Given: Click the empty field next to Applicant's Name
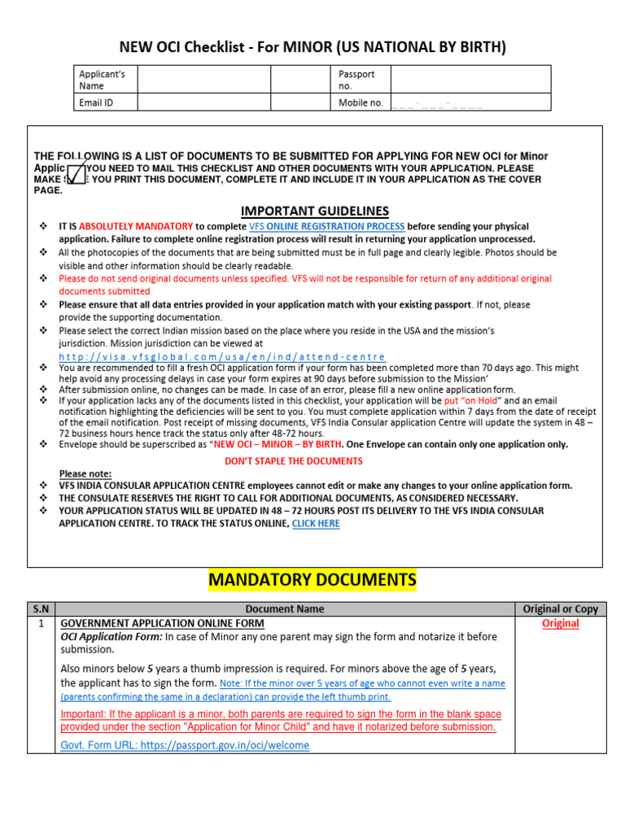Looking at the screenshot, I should coord(203,80).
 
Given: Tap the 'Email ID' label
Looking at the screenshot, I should coord(96,102).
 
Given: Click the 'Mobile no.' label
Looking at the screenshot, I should coord(361,102).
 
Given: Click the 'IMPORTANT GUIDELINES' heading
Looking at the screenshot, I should coord(314,211).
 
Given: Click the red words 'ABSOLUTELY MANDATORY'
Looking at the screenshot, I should coord(136,226).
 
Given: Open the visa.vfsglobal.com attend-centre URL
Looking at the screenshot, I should coord(222,357).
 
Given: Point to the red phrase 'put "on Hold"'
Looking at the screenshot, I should coord(472,401).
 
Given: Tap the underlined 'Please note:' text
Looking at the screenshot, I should coord(85,473).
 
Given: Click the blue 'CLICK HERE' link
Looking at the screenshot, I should coord(316,524).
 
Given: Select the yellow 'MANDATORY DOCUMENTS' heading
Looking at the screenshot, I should coord(312,581).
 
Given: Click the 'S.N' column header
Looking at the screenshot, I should coord(41,608).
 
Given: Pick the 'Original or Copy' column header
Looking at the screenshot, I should coord(560,608).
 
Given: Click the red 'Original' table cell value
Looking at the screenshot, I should coord(560,623).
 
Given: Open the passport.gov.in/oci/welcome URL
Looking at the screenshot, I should coord(185,745).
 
